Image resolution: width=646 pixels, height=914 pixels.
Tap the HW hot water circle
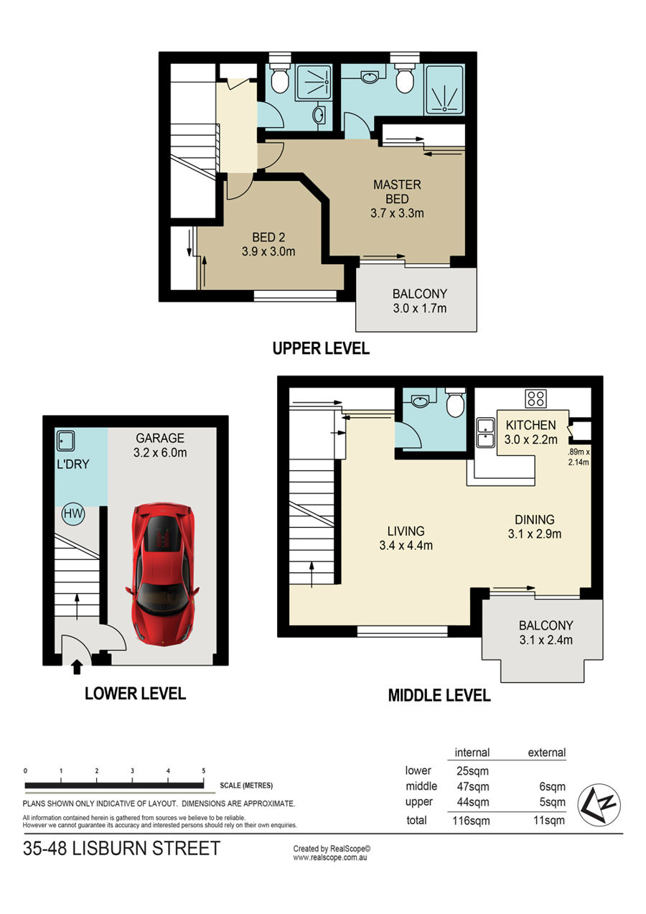click(73, 513)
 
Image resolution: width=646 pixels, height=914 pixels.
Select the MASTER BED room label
click(397, 192)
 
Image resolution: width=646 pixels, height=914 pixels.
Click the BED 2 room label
click(268, 237)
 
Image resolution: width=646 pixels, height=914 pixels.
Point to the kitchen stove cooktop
click(536, 398)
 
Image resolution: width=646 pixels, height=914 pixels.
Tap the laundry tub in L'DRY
click(65, 441)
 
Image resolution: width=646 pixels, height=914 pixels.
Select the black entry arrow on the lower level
click(77, 668)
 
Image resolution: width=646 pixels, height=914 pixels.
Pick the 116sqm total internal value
click(471, 821)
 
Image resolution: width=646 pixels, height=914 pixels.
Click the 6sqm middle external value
click(553, 786)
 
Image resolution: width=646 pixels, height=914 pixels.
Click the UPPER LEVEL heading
click(321, 348)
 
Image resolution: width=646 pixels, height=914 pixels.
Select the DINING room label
click(535, 519)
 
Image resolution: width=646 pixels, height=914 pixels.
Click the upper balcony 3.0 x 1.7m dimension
click(420, 308)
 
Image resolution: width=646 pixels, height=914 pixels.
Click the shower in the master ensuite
click(444, 90)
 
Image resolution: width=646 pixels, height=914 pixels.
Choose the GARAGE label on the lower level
click(160, 438)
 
